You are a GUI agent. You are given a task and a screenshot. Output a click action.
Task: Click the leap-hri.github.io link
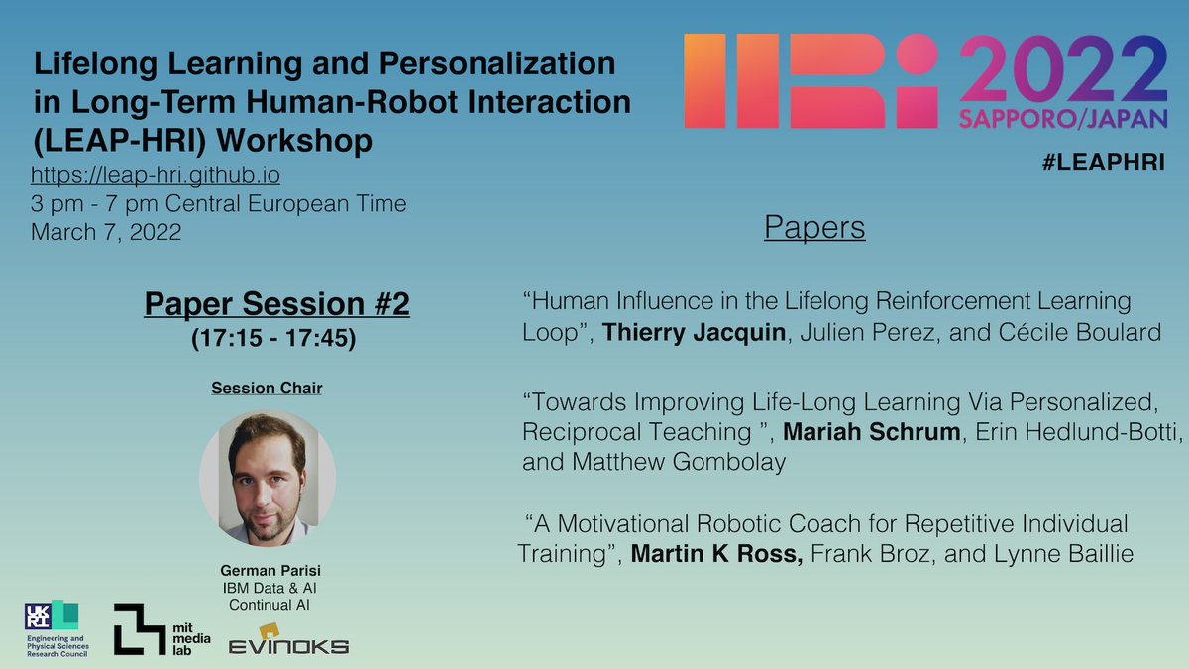click(155, 176)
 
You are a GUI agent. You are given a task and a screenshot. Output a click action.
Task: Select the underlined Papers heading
click(814, 228)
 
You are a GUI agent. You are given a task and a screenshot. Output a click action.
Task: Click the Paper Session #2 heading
click(276, 304)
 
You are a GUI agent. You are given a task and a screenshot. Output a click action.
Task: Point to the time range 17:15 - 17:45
click(276, 335)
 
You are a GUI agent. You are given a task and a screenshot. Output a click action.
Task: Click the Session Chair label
click(267, 388)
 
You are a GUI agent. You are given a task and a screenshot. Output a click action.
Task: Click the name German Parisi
click(268, 572)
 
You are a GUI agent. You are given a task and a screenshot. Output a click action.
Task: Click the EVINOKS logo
click(288, 638)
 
